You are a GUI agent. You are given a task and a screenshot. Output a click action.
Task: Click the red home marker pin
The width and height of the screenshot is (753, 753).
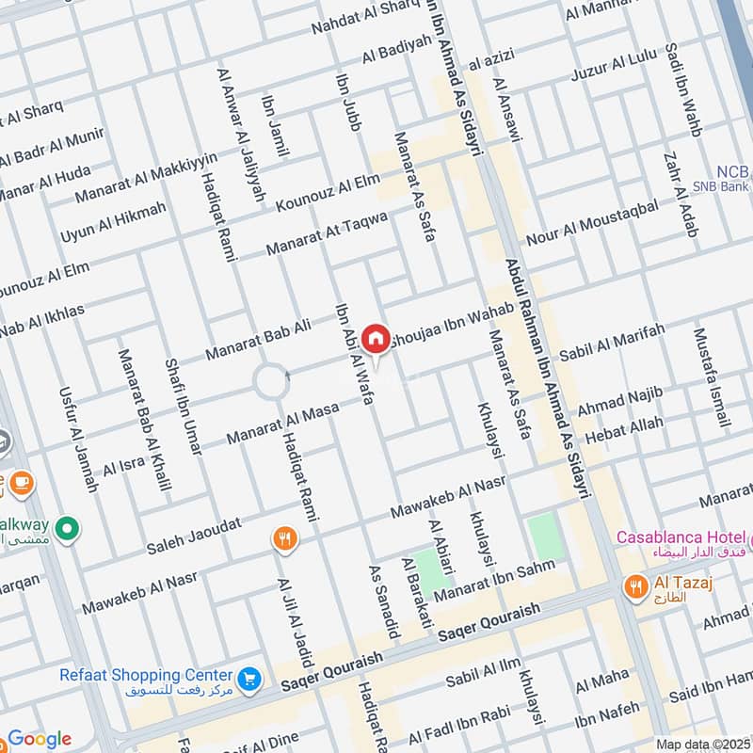tap(376, 338)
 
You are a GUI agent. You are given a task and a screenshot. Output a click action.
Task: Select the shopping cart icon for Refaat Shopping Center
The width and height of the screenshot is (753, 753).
tap(249, 679)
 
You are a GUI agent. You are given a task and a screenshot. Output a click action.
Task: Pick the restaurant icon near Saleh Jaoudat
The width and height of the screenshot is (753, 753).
tap(284, 539)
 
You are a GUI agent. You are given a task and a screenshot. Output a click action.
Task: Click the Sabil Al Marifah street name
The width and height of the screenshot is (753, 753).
tap(612, 342)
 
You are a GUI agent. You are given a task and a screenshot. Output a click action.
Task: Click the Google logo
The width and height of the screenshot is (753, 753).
tap(40, 739)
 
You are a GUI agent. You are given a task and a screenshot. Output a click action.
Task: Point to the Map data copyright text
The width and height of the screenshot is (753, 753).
tap(701, 744)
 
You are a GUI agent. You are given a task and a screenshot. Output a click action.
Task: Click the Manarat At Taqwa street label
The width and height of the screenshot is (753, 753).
tap(327, 234)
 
